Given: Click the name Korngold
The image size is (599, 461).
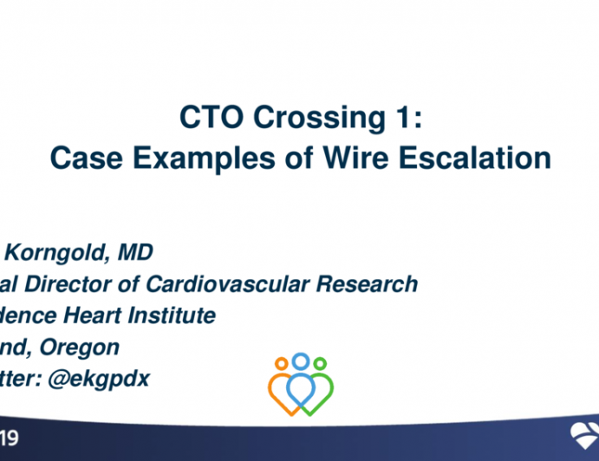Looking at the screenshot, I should (x=62, y=252).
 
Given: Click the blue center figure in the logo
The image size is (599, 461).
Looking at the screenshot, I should (x=300, y=381).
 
